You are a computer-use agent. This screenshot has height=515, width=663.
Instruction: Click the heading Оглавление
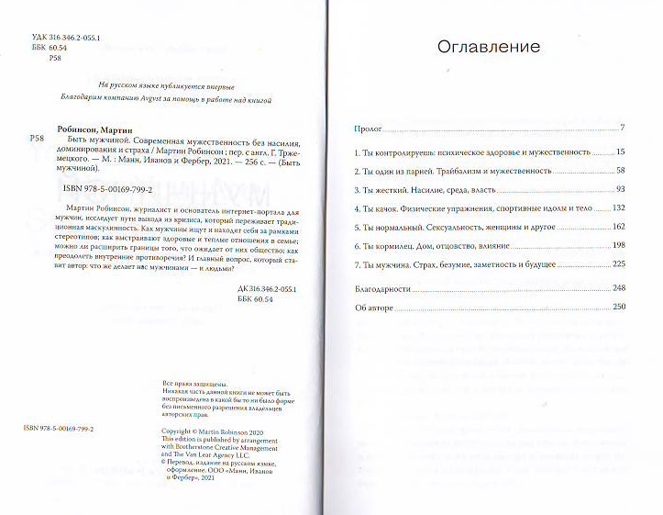(488, 46)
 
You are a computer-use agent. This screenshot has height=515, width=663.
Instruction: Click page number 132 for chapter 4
(618, 208)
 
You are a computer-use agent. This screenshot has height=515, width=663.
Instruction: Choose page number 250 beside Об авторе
(617, 306)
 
